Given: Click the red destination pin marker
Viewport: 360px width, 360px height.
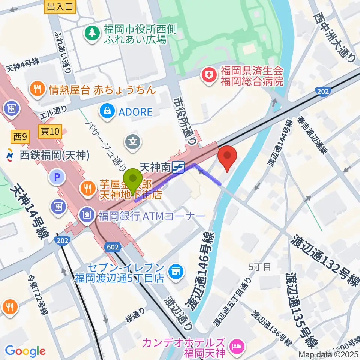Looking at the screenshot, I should tap(227, 158).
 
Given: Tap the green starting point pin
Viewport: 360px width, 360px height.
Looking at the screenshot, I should tap(132, 180).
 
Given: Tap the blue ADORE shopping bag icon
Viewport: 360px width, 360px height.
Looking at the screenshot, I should tap(107, 111).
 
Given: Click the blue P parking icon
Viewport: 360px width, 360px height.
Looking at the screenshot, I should tap(57, 177).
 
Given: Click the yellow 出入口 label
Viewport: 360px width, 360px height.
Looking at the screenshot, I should tap(60, 6).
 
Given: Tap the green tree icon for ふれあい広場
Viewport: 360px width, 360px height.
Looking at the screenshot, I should tap(91, 33).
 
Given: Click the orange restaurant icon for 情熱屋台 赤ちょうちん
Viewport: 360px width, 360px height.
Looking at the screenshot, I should tap(37, 89).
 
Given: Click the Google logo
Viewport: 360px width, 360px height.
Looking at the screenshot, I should tap(25, 351).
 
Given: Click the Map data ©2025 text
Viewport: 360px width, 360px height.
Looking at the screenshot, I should tap(328, 354).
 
